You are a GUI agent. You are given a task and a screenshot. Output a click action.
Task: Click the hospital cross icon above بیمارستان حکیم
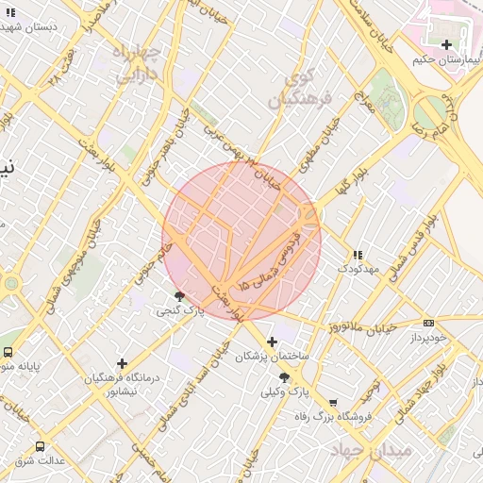pos(446,44)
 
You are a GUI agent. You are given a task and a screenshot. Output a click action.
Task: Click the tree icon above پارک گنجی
pos(179,296)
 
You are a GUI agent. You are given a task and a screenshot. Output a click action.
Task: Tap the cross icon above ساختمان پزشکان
pos(272,341)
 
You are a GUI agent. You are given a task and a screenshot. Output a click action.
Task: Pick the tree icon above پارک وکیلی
pos(284,377)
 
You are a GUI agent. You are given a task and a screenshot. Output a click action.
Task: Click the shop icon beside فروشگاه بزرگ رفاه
pos(332,403)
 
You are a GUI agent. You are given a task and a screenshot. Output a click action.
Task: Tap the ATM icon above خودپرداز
pos(429,323)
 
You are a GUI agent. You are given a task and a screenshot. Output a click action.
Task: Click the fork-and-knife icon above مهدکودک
pos(357,256)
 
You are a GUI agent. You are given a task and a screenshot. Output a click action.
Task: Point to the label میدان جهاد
pos(372,451)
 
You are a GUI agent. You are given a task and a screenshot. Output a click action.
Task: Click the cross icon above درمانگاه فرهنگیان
pos(122,363)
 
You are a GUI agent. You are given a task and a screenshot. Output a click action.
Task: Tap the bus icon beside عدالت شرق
pos(40,446)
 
